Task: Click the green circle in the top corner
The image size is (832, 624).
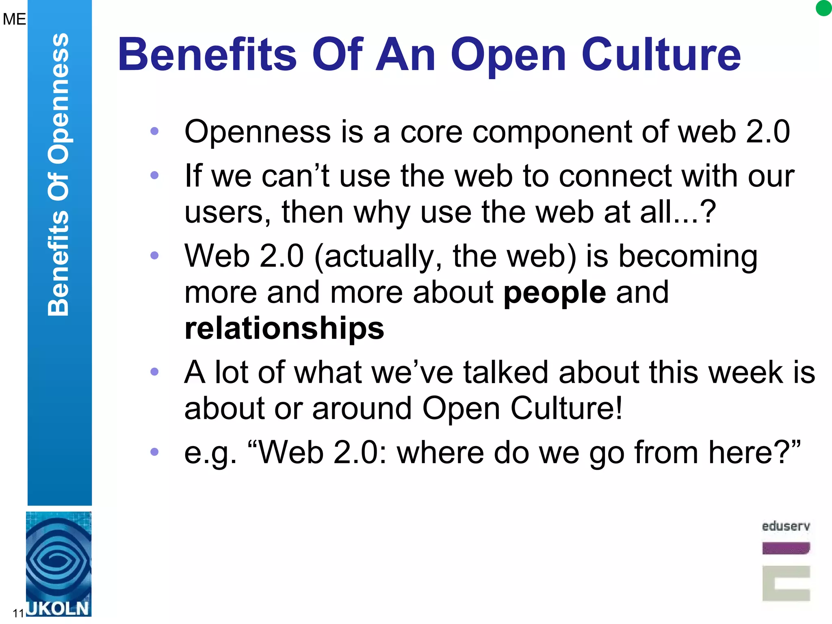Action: [823, 8]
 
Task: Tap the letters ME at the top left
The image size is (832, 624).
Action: [14, 19]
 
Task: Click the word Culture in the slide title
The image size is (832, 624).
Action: [661, 54]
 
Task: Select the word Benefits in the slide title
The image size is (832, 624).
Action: [207, 54]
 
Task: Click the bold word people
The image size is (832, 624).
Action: [555, 292]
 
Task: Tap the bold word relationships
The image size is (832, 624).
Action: [284, 328]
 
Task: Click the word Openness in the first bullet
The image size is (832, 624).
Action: [258, 132]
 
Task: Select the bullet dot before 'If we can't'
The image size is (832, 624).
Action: [154, 175]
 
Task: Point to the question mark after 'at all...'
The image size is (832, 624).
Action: [708, 212]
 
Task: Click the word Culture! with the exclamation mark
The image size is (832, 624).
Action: [566, 408]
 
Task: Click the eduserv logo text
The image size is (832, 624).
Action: [786, 526]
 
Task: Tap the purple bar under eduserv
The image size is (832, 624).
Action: [786, 548]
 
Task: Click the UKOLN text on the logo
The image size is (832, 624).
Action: [58, 609]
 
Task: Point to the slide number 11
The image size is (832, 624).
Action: [18, 613]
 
